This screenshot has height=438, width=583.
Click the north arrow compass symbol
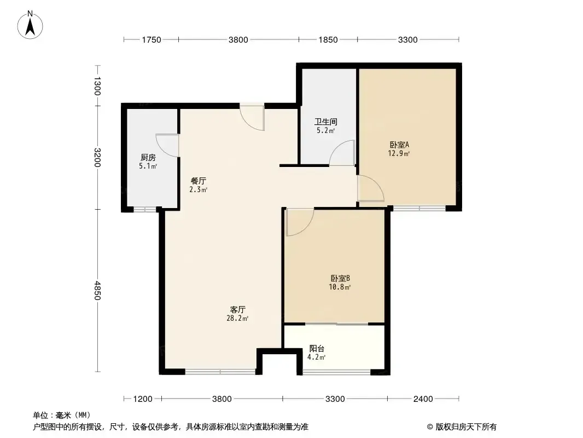click(x=30, y=25)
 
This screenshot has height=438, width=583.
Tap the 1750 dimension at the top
click(x=151, y=40)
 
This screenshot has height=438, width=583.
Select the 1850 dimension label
click(x=328, y=40)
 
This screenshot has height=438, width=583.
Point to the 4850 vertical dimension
click(x=97, y=290)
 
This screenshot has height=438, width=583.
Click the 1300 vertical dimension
click(x=97, y=86)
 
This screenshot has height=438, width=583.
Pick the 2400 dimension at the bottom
click(x=423, y=399)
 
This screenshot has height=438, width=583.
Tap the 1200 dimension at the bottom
click(x=143, y=399)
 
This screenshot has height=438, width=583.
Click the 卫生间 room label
click(x=326, y=122)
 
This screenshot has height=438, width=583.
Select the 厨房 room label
click(x=148, y=158)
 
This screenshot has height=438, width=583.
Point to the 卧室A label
click(x=399, y=145)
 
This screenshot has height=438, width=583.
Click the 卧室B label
click(x=340, y=278)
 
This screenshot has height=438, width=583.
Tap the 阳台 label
click(x=317, y=349)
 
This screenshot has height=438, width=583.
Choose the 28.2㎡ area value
click(x=237, y=318)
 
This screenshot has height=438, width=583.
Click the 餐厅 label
click(x=198, y=181)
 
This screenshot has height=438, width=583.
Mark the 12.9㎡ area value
click(x=399, y=153)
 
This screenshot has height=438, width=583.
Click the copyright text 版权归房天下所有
click(x=466, y=427)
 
